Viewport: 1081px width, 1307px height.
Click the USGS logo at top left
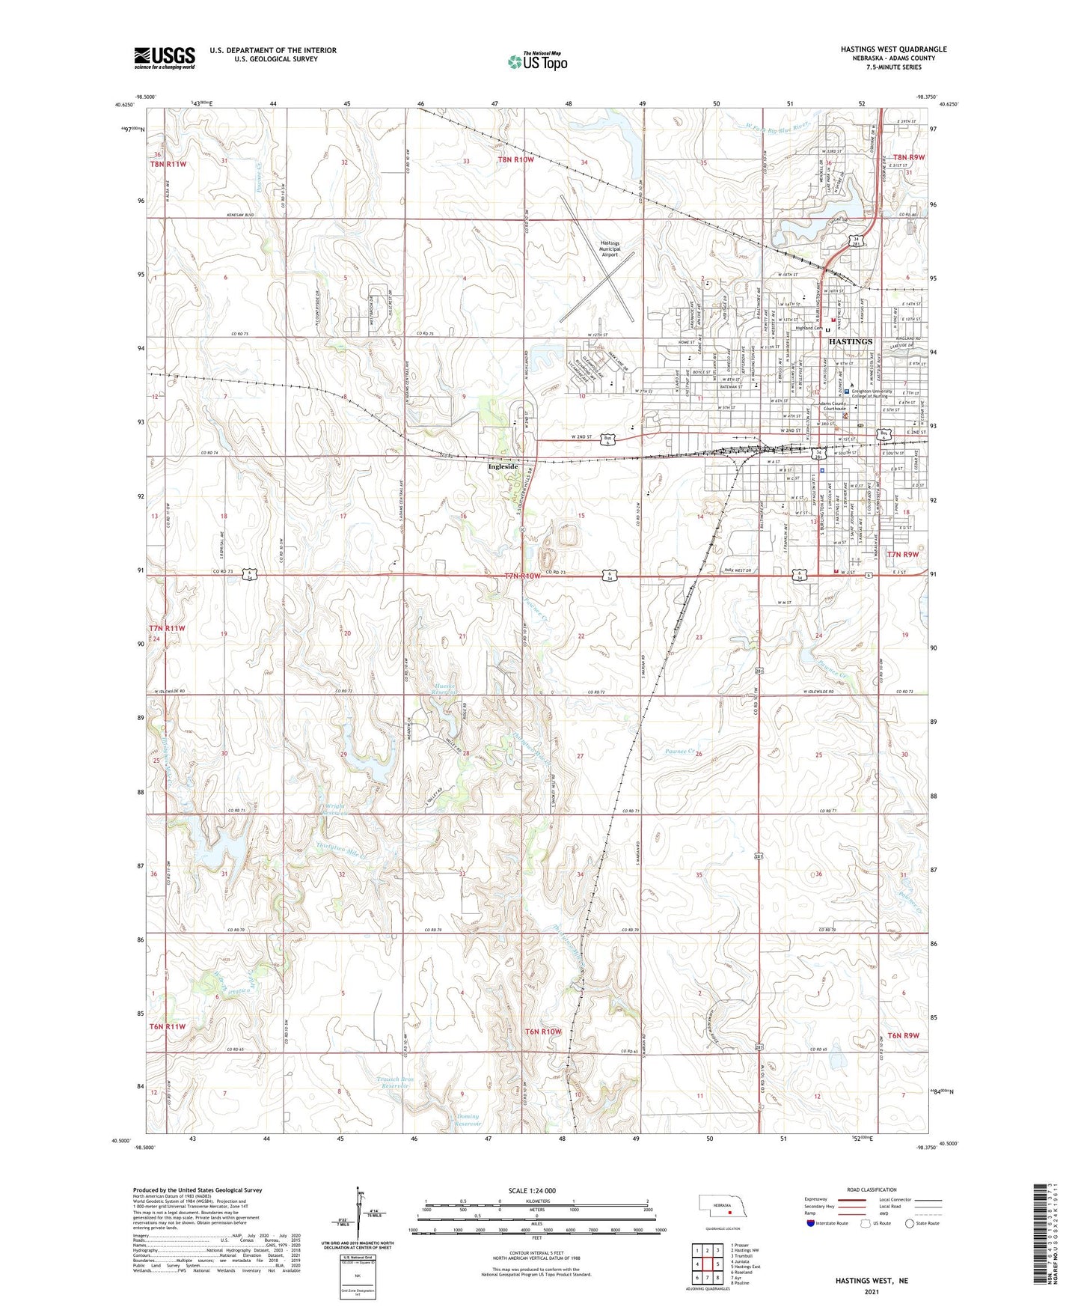pos(164,58)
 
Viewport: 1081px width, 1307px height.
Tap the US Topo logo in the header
pos(537,61)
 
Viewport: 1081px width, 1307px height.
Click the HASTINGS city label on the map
pos(851,341)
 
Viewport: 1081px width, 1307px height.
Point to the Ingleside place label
pos(503,466)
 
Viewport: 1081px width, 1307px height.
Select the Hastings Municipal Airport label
pos(610,249)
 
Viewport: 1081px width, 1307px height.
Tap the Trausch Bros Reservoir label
pos(396,1082)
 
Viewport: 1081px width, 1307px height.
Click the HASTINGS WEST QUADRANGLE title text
pos(893,49)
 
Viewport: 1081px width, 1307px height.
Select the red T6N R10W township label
pos(542,1032)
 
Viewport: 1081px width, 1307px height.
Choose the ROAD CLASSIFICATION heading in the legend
pos(871,1189)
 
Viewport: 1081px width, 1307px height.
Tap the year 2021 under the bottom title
pos(871,1291)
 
